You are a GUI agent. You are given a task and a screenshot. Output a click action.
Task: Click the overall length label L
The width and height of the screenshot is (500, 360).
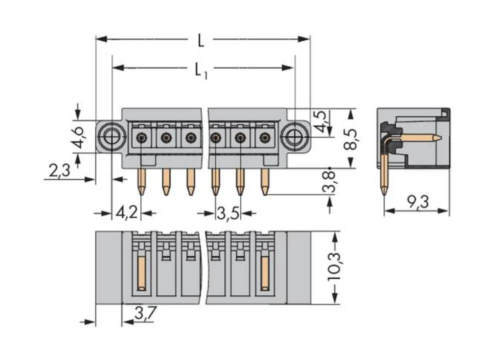[x=200, y=40]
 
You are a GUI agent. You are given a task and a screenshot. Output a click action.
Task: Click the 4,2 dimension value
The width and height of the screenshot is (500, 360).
[x=126, y=212]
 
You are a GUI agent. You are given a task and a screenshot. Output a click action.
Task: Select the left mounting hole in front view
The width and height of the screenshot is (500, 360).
[x=111, y=136]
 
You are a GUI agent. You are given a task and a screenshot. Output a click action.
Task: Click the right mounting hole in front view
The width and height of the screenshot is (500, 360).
[x=294, y=136]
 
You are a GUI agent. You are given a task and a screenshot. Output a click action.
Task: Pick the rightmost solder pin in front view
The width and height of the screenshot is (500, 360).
[x=264, y=182]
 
